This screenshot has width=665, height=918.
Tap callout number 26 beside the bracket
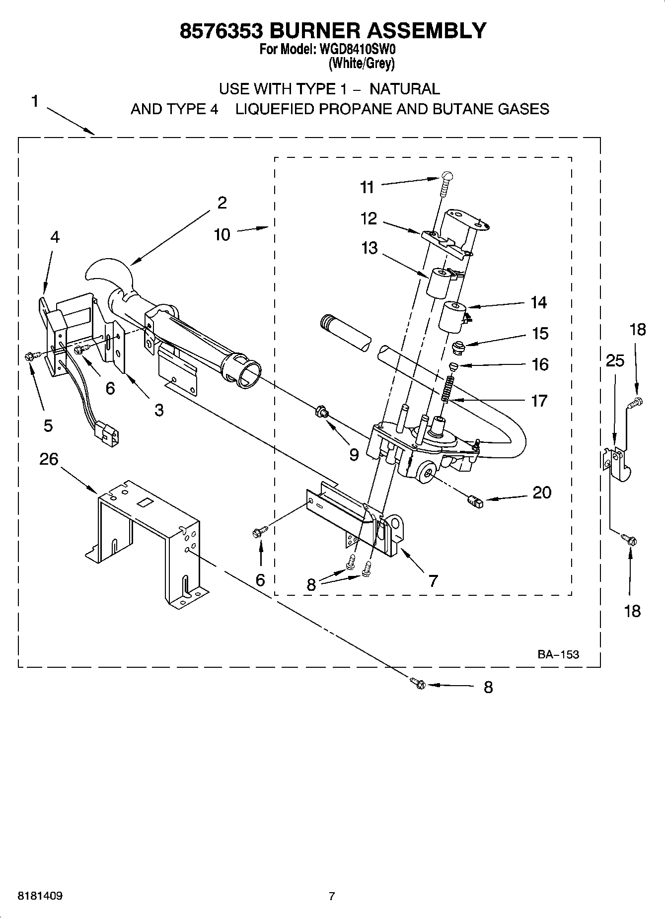pos(49,459)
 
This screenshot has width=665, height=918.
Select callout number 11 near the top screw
pos(367,187)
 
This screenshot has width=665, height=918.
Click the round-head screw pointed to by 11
pos(447,175)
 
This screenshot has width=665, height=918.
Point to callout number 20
pos(542,493)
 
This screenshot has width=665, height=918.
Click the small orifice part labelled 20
pos(475,502)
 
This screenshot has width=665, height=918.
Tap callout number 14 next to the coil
pos(539,302)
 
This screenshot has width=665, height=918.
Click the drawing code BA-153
pos(558,654)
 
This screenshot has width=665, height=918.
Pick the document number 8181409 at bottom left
pos(40,896)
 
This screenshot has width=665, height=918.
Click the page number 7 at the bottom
pos(332,896)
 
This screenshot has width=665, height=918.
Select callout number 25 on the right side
pos(615,360)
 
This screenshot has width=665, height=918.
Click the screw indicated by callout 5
pos(29,355)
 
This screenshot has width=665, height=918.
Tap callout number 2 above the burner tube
pos(222,203)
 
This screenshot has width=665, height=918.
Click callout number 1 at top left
pos(34,101)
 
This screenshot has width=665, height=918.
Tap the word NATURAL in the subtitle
pos(405,89)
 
